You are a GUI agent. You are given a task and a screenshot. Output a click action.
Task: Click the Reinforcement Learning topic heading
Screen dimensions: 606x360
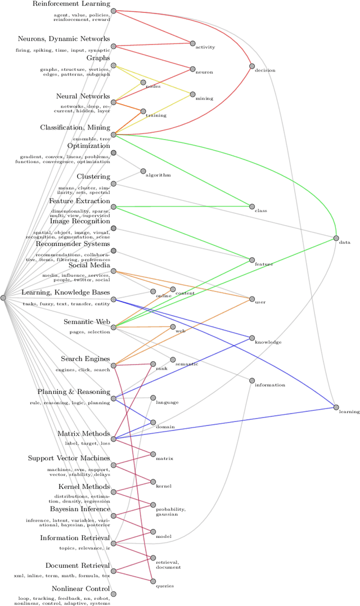pyautogui.click(x=71, y=4)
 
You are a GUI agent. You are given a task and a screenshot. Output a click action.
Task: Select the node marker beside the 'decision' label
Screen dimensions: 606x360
pyautogui.click(x=252, y=66)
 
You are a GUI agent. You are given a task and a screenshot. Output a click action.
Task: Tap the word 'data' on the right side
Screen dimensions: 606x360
pyautogui.click(x=345, y=243)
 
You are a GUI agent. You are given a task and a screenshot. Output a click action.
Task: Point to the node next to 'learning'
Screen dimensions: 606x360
pyautogui.click(x=336, y=407)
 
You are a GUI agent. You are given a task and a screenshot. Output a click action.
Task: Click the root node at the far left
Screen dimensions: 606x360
pyautogui.click(x=3, y=298)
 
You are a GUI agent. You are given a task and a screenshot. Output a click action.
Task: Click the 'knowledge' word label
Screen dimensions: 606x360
pyautogui.click(x=268, y=342)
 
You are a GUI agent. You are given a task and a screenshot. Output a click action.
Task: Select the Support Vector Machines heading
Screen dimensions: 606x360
pyautogui.click(x=69, y=459)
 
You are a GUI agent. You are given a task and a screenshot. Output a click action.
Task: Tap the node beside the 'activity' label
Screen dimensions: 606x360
pyautogui.click(x=192, y=43)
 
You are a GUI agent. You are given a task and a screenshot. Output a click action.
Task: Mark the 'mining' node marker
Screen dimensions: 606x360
pyautogui.click(x=192, y=94)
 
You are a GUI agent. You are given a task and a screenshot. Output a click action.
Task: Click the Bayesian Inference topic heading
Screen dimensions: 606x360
pyautogui.click(x=79, y=509)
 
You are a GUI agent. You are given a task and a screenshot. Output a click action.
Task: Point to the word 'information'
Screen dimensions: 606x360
pyautogui.click(x=270, y=385)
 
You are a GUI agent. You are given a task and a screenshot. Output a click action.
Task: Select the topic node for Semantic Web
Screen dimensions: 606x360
pyautogui.click(x=114, y=327)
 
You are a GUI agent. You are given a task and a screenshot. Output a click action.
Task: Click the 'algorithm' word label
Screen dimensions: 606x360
pyautogui.click(x=158, y=175)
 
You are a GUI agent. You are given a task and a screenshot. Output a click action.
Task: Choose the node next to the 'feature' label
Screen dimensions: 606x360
pyautogui.click(x=252, y=259)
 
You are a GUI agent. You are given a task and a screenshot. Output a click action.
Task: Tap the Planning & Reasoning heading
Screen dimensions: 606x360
pyautogui.click(x=73, y=392)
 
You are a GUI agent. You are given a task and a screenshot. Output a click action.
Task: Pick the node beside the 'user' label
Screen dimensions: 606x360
pyautogui.click(x=252, y=298)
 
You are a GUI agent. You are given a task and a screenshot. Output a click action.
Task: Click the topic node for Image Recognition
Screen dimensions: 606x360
pyautogui.click(x=114, y=228)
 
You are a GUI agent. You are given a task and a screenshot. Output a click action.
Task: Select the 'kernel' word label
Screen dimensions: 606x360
pyautogui.click(x=164, y=486)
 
